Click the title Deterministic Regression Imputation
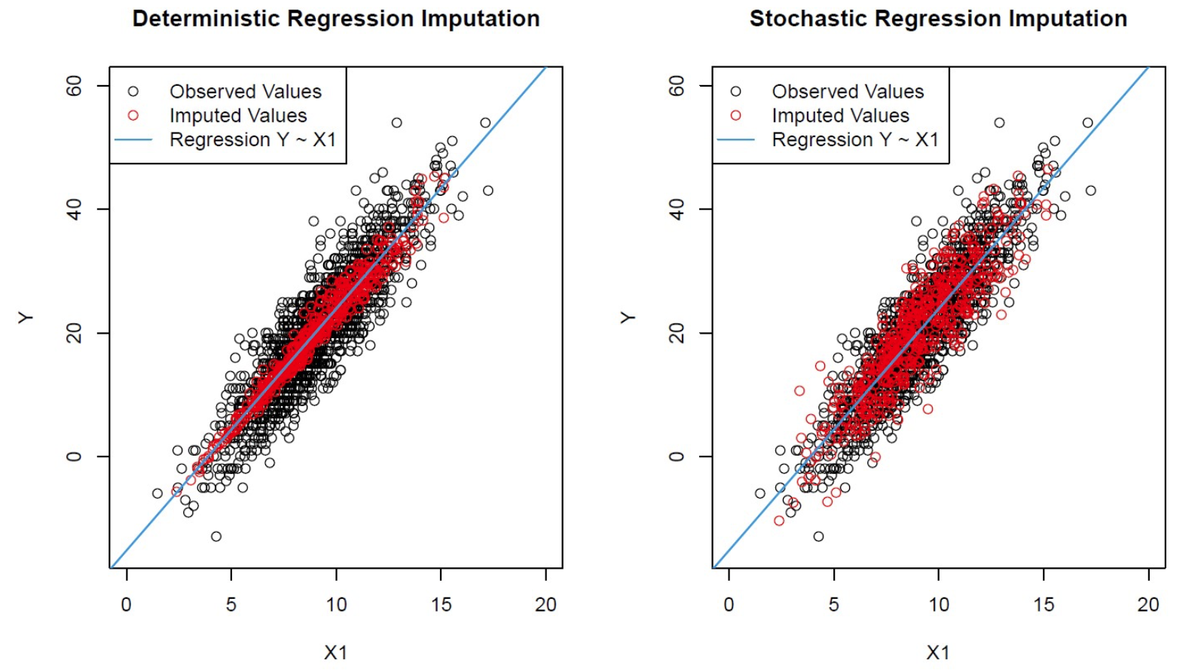point(336,19)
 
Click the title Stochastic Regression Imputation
point(938,19)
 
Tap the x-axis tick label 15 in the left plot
point(441,604)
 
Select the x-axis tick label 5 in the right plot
point(833,604)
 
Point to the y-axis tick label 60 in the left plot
point(74,86)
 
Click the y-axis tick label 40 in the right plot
point(677,209)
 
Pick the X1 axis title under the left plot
point(335,652)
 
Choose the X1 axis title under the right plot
point(938,652)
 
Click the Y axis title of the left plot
point(26,318)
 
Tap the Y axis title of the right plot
point(628,318)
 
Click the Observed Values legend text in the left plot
point(246,91)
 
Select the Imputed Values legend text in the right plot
point(840,115)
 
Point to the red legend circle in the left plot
point(133,115)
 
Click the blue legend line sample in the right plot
point(735,139)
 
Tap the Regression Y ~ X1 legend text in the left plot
point(252,139)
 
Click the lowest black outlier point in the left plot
point(216,536)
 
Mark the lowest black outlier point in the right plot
point(818,536)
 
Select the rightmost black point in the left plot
point(488,191)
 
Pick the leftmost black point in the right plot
point(759,493)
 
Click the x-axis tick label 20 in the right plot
point(1148,604)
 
